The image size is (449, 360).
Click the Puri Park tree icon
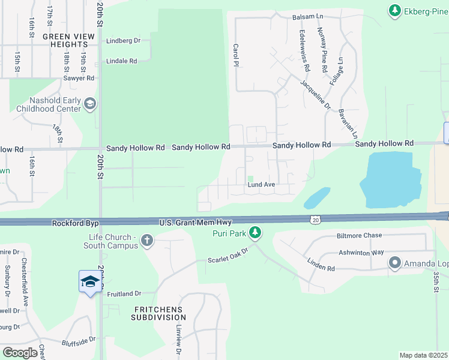tap(256, 232)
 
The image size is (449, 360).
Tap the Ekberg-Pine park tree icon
tap(394, 10)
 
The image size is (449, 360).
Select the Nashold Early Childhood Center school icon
tap(90, 104)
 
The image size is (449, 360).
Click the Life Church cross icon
tap(146, 242)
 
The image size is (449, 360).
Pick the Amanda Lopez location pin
tap(395, 263)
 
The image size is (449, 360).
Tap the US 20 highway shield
tap(315, 220)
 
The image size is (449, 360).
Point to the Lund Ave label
tap(261, 185)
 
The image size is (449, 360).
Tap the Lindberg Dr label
tap(122, 41)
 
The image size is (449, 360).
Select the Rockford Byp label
tap(74, 223)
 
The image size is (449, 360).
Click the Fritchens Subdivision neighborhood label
tap(158, 313)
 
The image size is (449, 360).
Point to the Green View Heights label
tap(69, 40)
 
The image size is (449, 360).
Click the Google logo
tap(20, 353)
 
